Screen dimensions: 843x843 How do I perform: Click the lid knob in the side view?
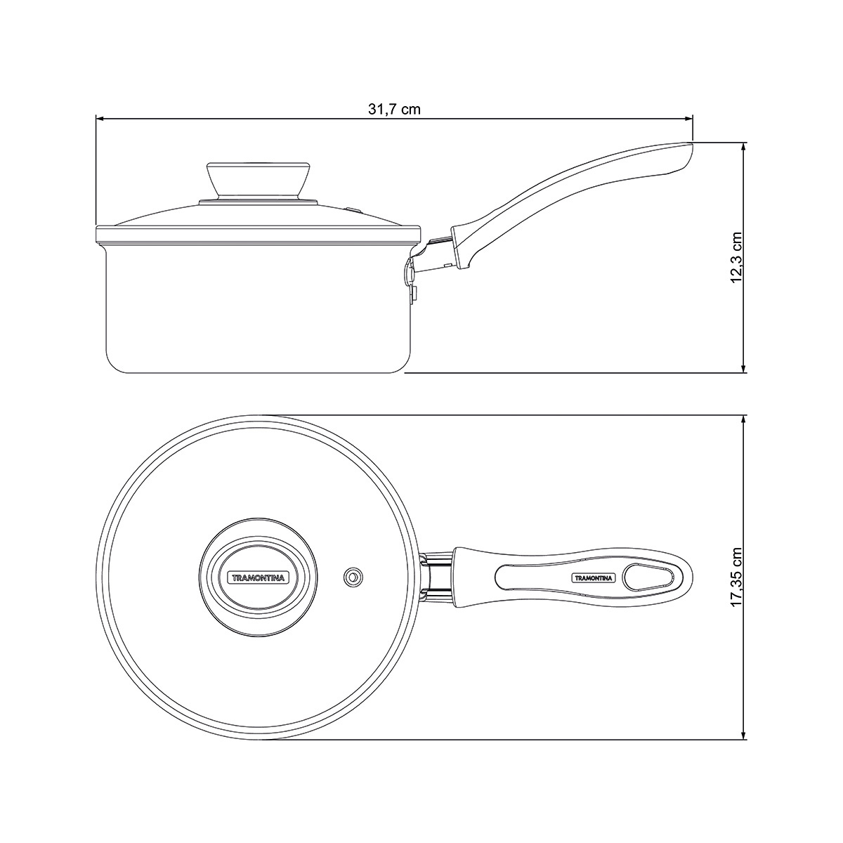tap(259, 181)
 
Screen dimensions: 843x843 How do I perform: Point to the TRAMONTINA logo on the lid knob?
tap(258, 578)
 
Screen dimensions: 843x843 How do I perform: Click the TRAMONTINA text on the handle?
tap(594, 578)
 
